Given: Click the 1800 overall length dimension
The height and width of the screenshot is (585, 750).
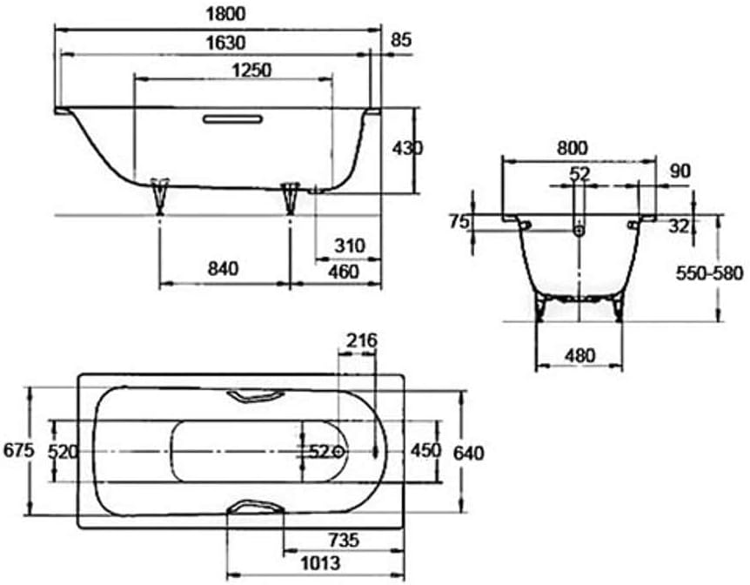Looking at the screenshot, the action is [x=225, y=14].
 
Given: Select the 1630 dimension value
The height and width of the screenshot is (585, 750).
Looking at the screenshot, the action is [x=225, y=43].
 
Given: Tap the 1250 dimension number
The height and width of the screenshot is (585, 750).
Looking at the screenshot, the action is [x=251, y=71].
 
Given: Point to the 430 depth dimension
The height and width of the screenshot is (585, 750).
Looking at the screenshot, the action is [x=407, y=148].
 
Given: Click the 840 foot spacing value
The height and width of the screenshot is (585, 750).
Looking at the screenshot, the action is [x=223, y=268].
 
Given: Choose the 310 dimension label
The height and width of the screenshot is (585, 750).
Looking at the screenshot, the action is [x=350, y=245].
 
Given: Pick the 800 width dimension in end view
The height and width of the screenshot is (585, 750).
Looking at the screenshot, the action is [x=572, y=148].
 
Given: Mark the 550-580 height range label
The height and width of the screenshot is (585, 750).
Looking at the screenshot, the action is [x=709, y=273].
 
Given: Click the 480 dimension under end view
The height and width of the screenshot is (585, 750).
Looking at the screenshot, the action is [x=579, y=356].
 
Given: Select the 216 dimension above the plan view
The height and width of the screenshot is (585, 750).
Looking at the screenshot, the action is [x=362, y=340].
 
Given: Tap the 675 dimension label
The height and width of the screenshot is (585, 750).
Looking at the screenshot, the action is [x=18, y=450].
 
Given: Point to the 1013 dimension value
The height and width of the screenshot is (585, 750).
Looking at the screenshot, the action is [x=320, y=563].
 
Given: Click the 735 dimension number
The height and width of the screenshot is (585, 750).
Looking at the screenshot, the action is [x=344, y=540].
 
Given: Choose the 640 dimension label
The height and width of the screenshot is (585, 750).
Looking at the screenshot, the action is [x=468, y=453].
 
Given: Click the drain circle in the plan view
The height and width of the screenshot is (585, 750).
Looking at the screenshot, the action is [x=338, y=451].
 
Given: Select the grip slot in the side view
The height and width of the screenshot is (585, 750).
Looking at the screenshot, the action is [x=232, y=119].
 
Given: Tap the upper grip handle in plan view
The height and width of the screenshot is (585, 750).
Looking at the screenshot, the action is [x=256, y=396].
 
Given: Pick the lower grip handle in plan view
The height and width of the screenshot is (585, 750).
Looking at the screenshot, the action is [x=256, y=507].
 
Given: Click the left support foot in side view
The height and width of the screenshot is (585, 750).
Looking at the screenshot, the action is [x=160, y=196].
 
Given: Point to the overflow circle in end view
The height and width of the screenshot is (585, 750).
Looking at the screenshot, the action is [x=579, y=232].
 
